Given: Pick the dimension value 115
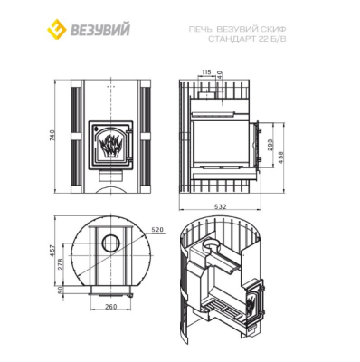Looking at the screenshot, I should point(206,71).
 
